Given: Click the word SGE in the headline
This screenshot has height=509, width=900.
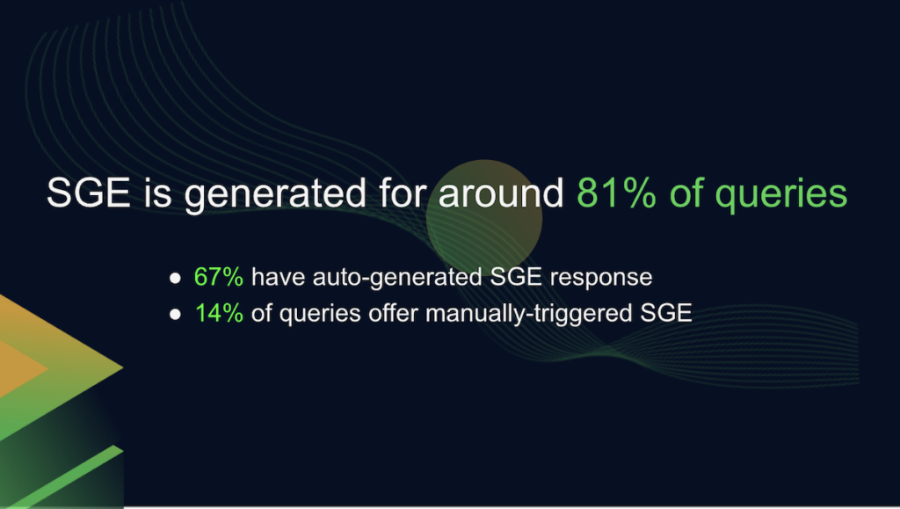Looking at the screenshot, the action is tap(89, 193).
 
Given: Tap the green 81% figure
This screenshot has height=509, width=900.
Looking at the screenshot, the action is tap(616, 193).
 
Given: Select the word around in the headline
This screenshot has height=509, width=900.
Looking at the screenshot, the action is tap(501, 193).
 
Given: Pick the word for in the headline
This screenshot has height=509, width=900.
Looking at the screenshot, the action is tap(403, 193).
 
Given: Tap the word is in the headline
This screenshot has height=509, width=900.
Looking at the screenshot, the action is tap(157, 193).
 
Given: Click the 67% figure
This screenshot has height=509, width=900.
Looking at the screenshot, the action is tap(219, 277).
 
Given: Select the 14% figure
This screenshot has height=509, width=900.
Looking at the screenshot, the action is tap(219, 313).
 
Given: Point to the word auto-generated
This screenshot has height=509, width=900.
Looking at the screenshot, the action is tap(397, 279).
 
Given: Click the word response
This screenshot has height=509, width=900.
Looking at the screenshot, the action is tap(601, 279).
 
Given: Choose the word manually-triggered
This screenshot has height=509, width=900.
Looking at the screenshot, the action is tap(528, 315).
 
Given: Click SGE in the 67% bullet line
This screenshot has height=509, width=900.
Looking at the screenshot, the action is tap(516, 277).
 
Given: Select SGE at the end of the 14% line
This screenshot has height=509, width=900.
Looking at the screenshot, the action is tap(666, 313).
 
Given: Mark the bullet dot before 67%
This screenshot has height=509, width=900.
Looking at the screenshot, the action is tap(175, 279).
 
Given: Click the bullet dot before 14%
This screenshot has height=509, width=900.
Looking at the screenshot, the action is tap(175, 314).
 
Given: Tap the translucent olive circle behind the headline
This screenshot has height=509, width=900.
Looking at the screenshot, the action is tap(484, 218).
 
